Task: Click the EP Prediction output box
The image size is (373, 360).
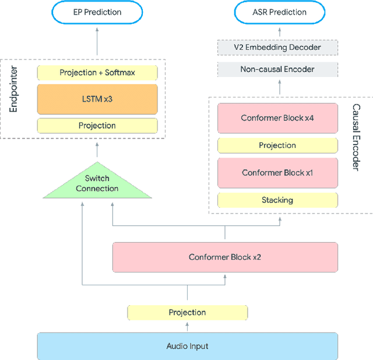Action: coord(97,12)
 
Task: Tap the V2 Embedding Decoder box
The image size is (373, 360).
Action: coord(277,47)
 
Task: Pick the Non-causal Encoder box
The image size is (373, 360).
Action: coord(277,69)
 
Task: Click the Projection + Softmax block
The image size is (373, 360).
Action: coord(97,73)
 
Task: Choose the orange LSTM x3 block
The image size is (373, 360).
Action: coord(97,99)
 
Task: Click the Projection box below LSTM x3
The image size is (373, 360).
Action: coord(97,125)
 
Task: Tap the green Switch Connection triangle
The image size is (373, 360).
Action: coord(97,184)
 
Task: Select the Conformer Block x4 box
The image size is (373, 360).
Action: coord(277,118)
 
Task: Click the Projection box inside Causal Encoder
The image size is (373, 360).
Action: coord(277,145)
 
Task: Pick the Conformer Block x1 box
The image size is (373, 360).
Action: coord(277,173)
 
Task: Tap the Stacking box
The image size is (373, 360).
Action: coord(277,200)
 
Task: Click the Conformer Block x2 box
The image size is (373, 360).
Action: coord(225,257)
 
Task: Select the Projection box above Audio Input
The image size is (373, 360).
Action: coord(187,313)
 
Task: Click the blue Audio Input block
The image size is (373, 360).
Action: coord(187,346)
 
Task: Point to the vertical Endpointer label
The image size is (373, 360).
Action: coord(13,98)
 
